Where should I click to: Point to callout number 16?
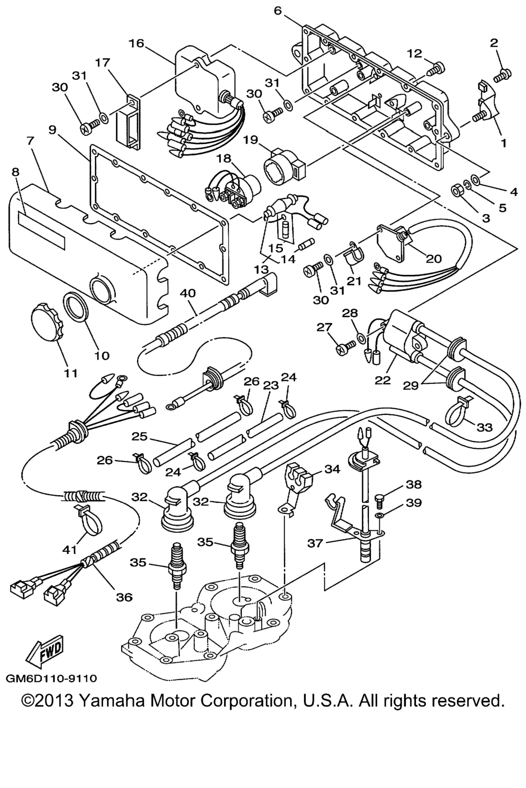[136, 44]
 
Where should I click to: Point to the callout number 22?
[383, 380]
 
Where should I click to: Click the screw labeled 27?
[347, 348]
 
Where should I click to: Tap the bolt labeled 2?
[502, 76]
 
